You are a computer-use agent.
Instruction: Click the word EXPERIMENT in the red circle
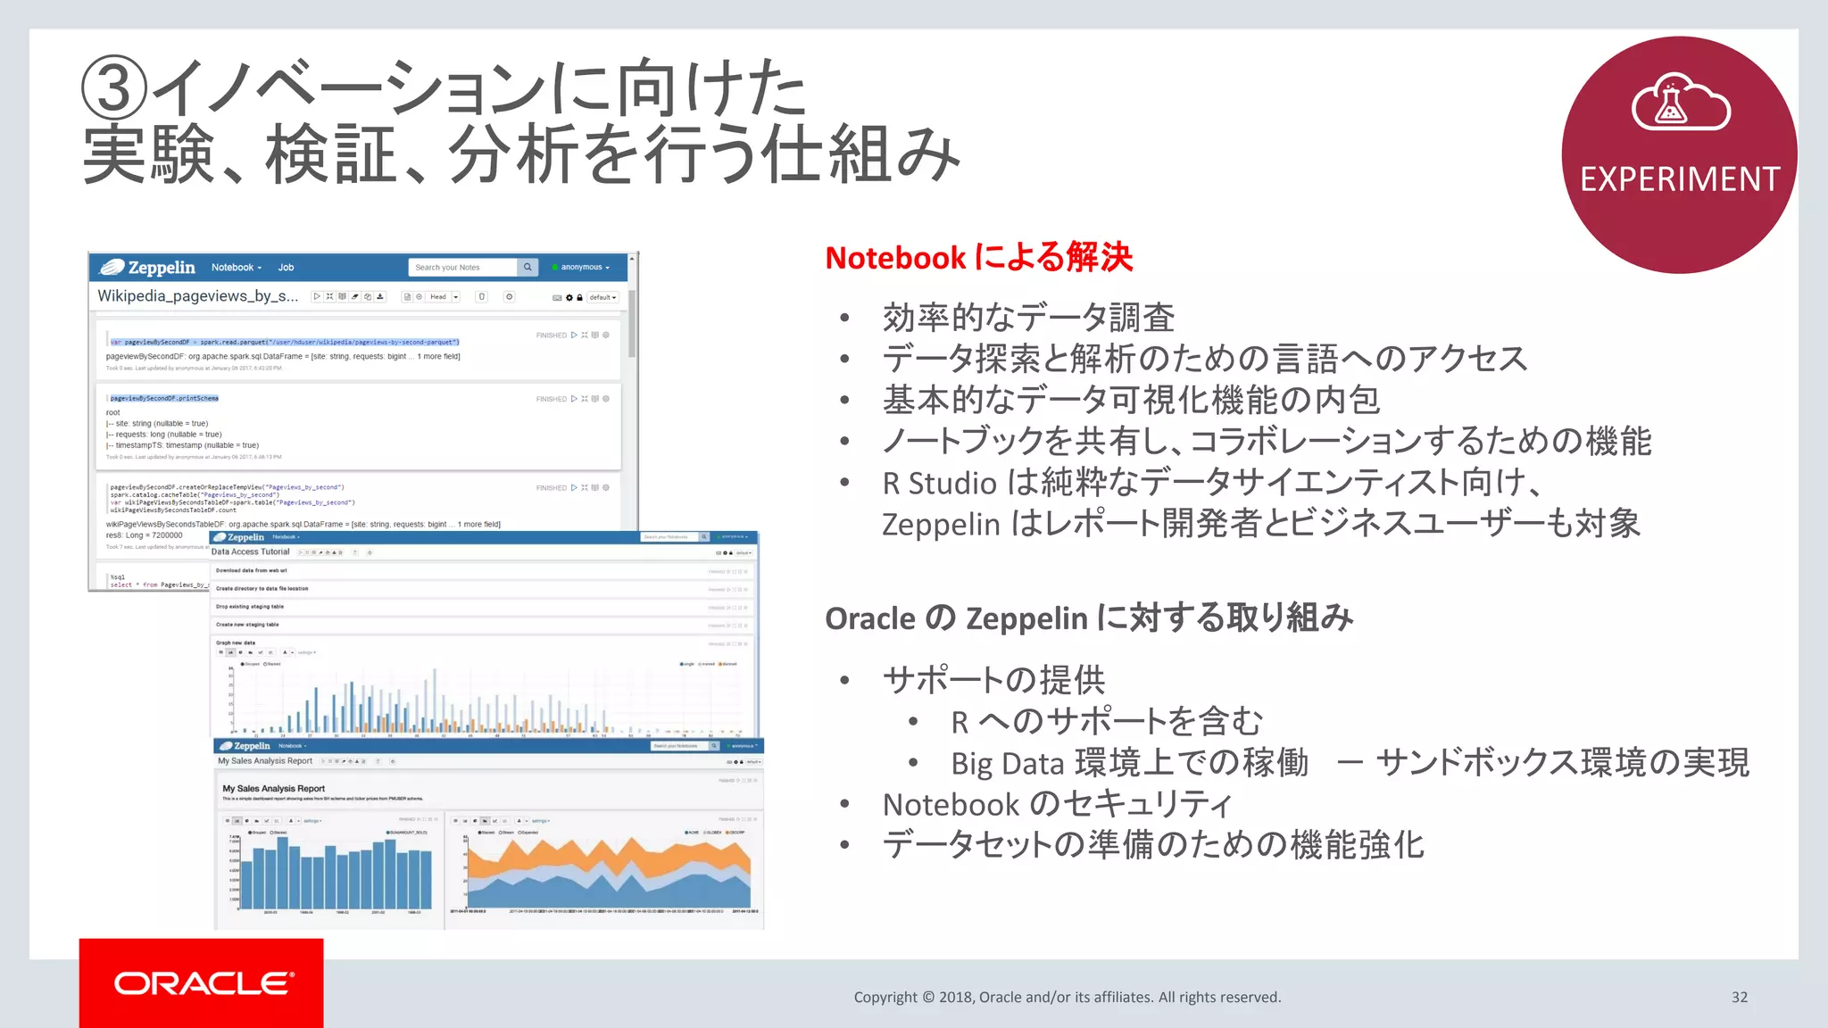pos(1680,179)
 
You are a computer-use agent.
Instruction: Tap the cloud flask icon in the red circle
pos(1680,104)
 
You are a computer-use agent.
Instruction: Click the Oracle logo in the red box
pos(203,983)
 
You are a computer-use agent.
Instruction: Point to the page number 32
pos(1739,997)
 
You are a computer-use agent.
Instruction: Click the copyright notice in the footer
pos(1067,997)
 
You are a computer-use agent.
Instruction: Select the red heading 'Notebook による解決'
pos(978,258)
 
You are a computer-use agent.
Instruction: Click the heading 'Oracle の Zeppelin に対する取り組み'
pos(1088,618)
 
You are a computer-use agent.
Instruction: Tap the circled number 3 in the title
pos(113,88)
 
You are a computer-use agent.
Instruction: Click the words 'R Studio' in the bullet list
pos(938,483)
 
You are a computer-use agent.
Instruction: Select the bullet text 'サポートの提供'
pos(993,680)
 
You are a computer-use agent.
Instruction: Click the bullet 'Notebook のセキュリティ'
pos(1057,804)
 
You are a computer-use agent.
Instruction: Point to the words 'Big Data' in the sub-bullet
pos(1007,764)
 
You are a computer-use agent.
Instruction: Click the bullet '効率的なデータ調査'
pos(1027,318)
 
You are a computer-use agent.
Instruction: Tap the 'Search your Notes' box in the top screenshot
pos(462,267)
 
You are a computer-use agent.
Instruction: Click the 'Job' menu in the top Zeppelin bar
pos(286,267)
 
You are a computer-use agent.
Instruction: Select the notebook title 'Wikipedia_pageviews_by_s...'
pos(197,295)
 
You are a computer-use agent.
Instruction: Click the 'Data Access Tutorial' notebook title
pos(250,551)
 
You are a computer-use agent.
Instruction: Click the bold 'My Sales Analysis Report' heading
pos(273,789)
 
